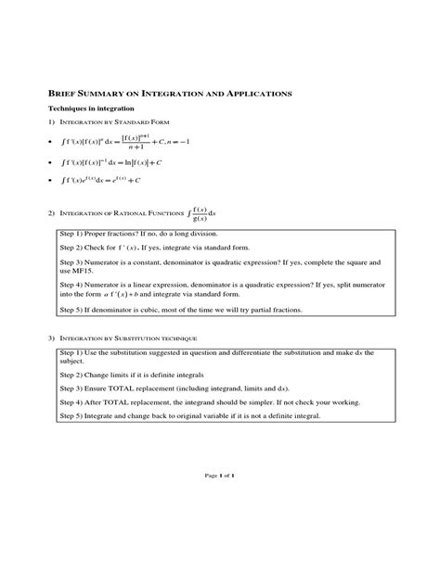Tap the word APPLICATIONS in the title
point(252,95)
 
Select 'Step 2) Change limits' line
point(135,371)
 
